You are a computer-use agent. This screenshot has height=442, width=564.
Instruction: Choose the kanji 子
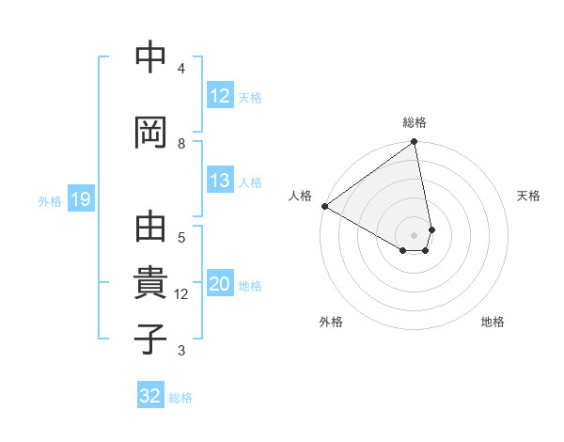(x=150, y=339)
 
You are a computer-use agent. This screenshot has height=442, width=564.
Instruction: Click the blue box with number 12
(x=220, y=96)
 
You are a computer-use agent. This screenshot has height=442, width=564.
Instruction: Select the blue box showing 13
(x=220, y=182)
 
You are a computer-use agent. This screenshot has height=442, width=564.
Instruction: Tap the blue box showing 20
(x=220, y=285)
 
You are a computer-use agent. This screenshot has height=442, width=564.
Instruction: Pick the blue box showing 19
(x=81, y=199)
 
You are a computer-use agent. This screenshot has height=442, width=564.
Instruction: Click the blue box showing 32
(x=150, y=396)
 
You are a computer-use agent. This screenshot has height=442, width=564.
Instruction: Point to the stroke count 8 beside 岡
(x=181, y=143)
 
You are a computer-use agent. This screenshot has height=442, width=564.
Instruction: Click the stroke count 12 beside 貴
(x=181, y=293)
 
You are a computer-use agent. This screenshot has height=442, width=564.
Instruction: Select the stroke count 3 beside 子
(x=181, y=351)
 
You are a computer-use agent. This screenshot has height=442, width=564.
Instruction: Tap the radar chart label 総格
(x=415, y=122)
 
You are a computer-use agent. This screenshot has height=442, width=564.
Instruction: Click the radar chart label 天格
(x=528, y=196)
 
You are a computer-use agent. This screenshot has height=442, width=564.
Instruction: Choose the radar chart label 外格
(x=331, y=322)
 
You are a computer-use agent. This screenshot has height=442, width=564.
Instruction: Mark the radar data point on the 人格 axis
(x=324, y=206)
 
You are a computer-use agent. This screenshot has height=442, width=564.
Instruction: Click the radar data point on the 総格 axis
(x=415, y=143)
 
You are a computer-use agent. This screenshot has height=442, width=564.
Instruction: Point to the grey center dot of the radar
(x=415, y=234)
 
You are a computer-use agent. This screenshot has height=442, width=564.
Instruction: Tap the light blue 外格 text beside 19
(x=50, y=200)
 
